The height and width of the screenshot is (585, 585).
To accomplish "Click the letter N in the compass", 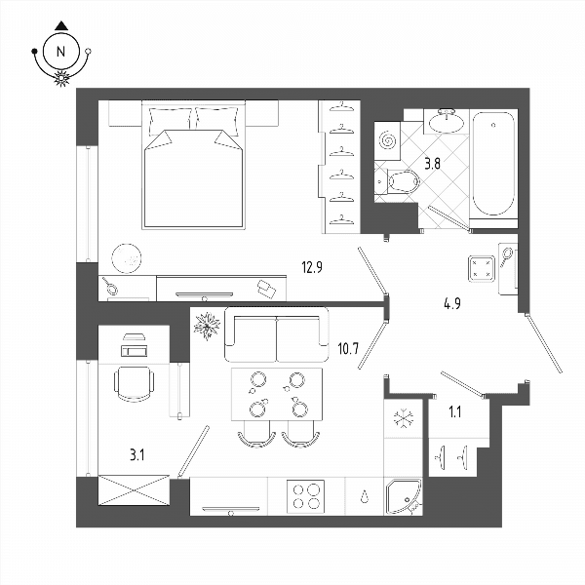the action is tap(60, 51).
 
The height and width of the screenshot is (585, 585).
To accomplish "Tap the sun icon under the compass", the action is tap(61, 78).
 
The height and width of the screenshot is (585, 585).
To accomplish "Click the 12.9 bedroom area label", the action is tap(312, 267).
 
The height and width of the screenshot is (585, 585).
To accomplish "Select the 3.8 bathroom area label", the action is tap(432, 164).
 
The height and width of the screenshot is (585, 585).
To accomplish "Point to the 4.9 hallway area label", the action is tap(452, 303).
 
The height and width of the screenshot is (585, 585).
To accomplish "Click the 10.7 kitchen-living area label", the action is tap(348, 349).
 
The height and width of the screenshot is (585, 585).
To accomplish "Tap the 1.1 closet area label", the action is tap(454, 412).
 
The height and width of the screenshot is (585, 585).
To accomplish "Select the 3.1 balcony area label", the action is tap(137, 455).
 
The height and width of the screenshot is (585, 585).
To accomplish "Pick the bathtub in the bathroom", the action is tap(493, 164).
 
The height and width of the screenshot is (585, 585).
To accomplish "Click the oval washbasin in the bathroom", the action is tap(447, 122).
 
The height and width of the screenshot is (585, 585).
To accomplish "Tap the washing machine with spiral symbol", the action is tap(387, 141).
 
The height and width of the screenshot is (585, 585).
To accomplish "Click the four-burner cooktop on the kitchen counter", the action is tap(305, 496).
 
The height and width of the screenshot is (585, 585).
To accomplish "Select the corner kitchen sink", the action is tap(404, 496).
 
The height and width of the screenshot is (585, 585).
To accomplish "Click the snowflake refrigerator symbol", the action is tap(404, 418).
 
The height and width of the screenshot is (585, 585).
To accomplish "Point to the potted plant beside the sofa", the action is tap(207, 326).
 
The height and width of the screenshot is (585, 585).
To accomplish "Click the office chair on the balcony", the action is tap(134, 383).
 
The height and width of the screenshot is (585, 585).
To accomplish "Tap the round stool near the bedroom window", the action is tap(127, 258).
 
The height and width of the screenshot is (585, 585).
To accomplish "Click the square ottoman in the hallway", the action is tap(482, 269).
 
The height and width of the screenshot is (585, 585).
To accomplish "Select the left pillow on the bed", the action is tap(171, 121).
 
